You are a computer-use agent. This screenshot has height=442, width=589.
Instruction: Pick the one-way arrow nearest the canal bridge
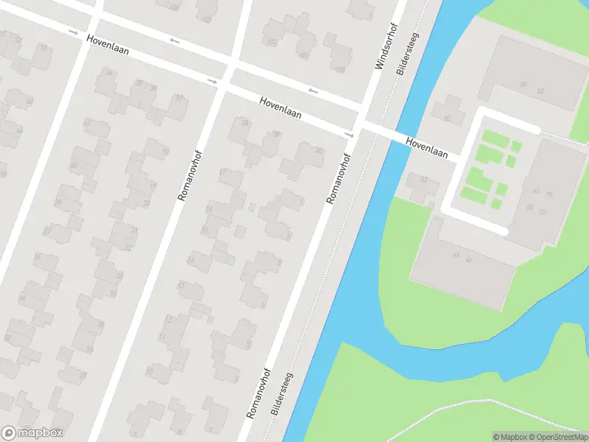point(349,135)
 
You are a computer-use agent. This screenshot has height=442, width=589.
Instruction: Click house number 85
point(446,118)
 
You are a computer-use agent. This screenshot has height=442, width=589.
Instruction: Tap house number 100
point(339,70)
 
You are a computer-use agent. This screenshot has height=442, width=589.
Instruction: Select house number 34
point(110,72)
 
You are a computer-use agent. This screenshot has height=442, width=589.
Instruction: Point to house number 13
point(180,284)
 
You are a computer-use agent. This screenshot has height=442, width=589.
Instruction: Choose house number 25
point(90,349)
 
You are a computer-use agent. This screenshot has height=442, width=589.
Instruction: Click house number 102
point(272,42)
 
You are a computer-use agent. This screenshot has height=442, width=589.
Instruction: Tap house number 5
point(249,344)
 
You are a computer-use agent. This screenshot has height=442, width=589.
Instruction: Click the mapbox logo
point(31,433)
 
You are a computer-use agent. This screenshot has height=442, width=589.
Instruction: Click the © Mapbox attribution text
point(508,437)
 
